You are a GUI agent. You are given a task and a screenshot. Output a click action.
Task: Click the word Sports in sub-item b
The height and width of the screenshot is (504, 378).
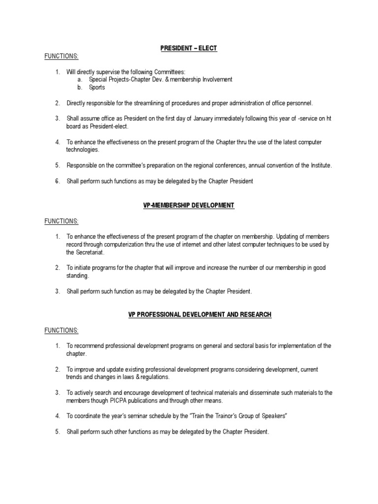tap(97, 88)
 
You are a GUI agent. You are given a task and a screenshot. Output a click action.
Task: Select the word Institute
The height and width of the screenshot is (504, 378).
tap(319, 165)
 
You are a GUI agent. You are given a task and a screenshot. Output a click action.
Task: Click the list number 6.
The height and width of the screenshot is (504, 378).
tap(57, 181)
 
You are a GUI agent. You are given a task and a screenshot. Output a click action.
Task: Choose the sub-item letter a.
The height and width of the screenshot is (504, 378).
tap(79, 80)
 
